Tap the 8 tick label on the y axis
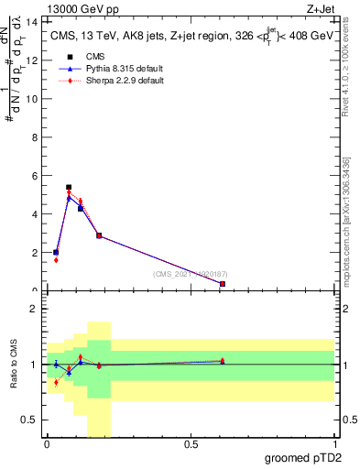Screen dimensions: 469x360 [x=36, y=136]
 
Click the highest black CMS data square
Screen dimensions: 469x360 [x=69, y=187]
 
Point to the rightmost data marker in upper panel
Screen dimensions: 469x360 [x=223, y=284]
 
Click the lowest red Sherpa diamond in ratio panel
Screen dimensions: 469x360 [x=56, y=382]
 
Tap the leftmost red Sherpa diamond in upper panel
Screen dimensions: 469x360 [x=56, y=260]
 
